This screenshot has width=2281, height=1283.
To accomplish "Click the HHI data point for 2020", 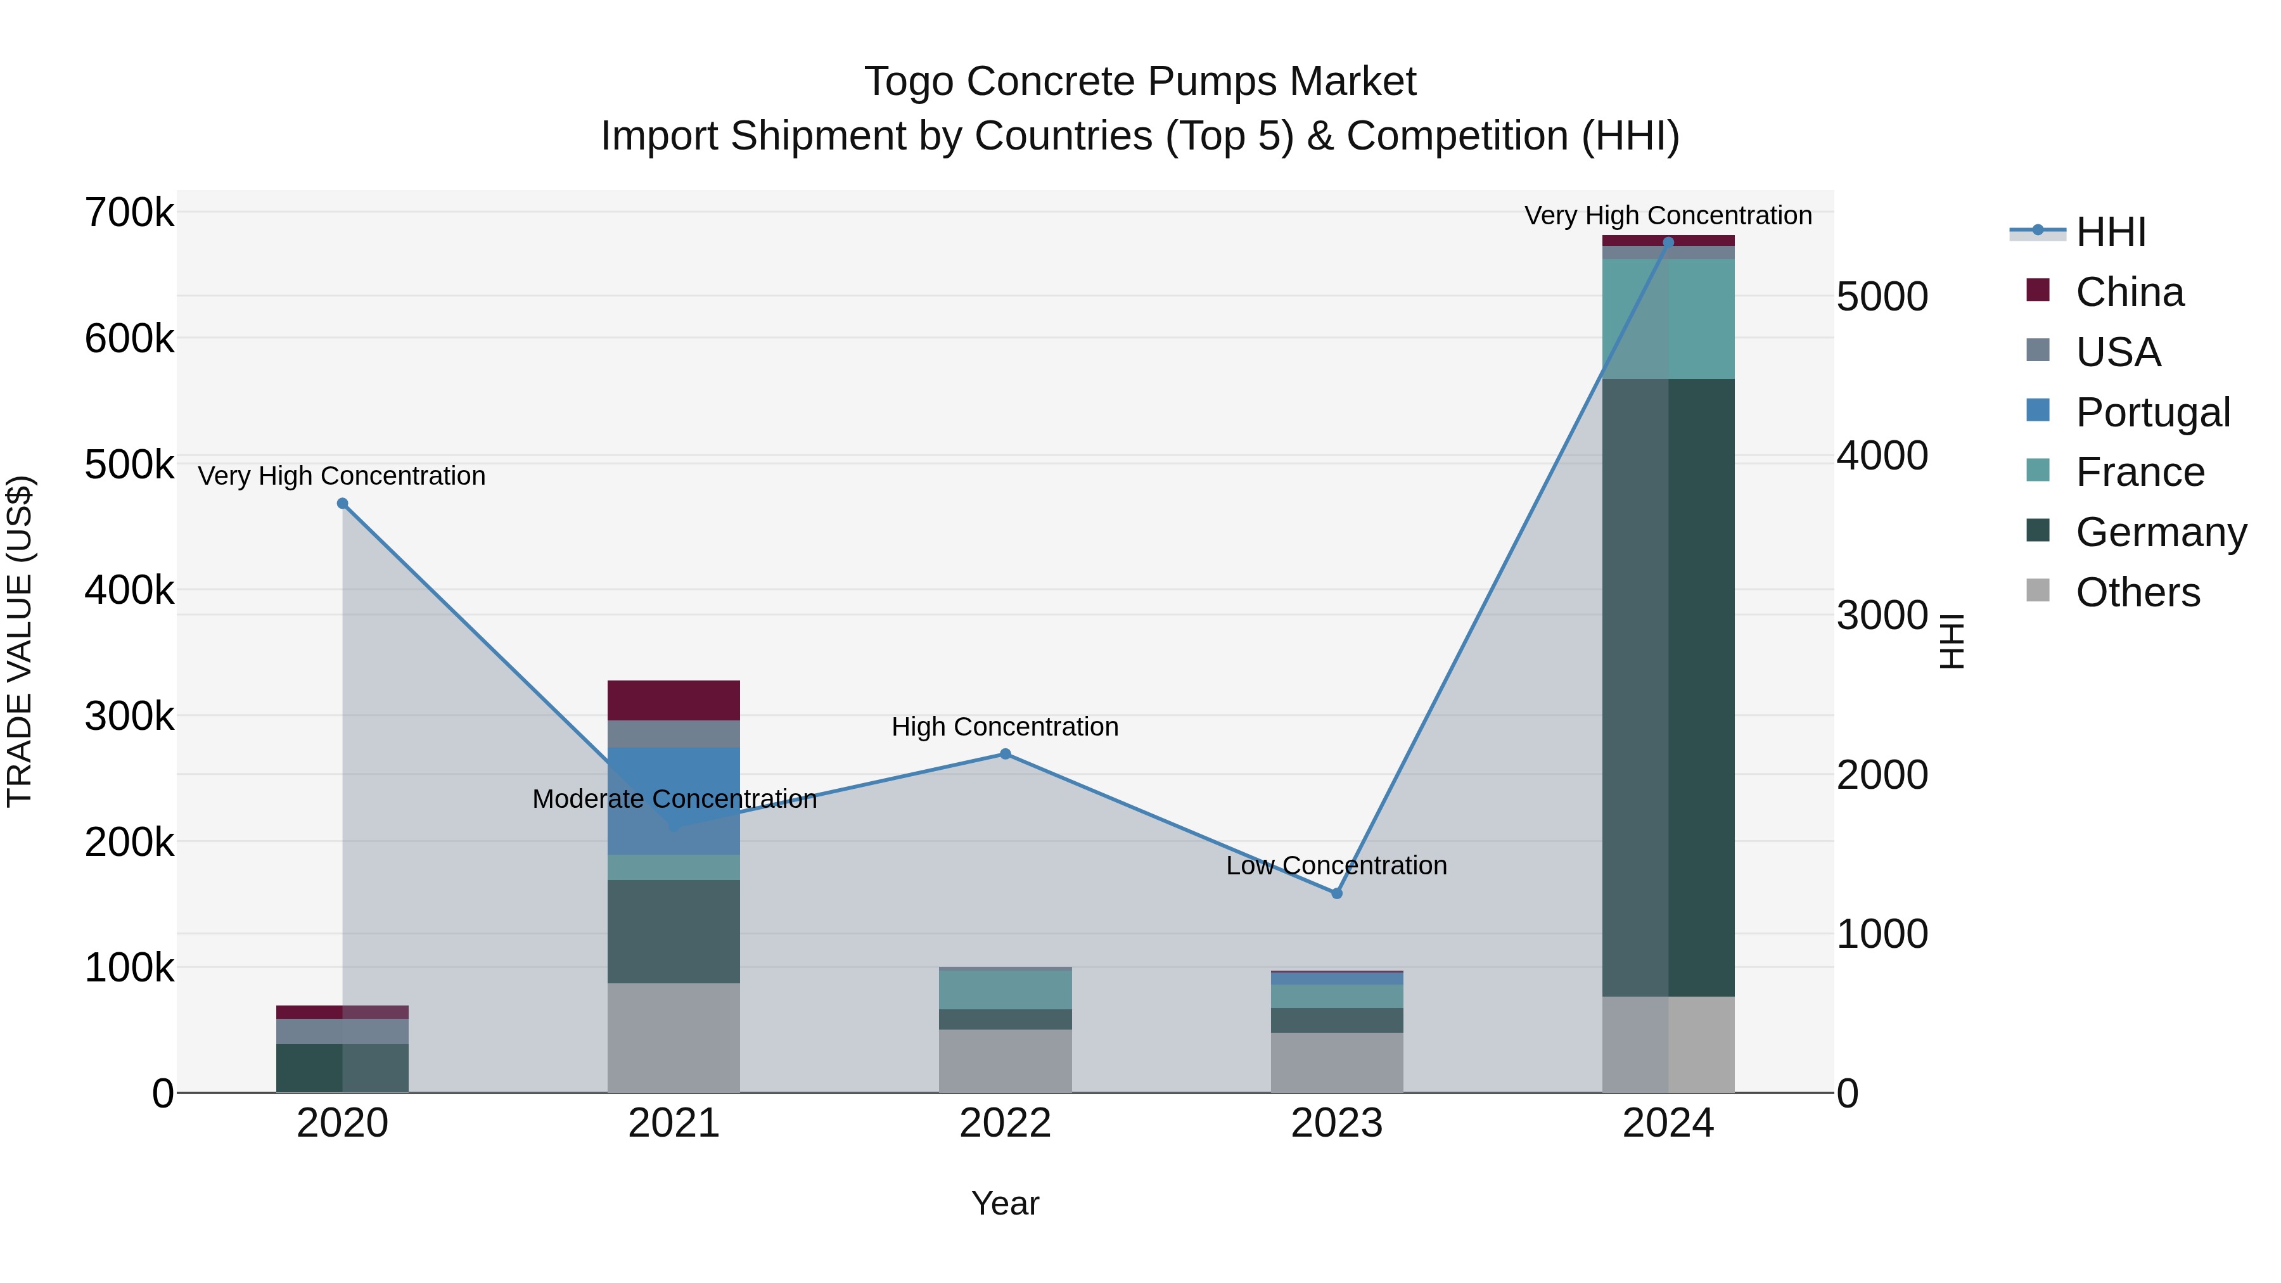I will pos(343,504).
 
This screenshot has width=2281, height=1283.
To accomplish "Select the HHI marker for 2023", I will pos(1337,893).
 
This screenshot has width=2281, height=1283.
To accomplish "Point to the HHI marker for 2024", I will pos(1668,242).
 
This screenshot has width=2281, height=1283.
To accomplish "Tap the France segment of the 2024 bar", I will pos(1668,319).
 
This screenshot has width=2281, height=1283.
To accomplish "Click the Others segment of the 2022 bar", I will pos(1005,1061).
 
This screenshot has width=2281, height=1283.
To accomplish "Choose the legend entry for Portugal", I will pos(2152,412).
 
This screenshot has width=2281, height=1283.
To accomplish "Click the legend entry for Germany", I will pos(2161,532).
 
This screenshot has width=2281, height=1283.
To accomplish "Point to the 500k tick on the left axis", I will pos(129,464).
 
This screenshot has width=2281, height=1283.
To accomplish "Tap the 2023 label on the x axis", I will pos(1336,1123).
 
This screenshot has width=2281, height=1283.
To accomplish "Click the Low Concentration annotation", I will pos(1336,865).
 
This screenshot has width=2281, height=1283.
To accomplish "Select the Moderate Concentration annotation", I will pos(674,799).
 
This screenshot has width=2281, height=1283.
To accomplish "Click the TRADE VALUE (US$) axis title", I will pos(20,641).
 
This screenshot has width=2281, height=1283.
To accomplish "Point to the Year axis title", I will pos(1005,1203).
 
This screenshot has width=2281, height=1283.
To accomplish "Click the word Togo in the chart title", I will pos(909,82).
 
